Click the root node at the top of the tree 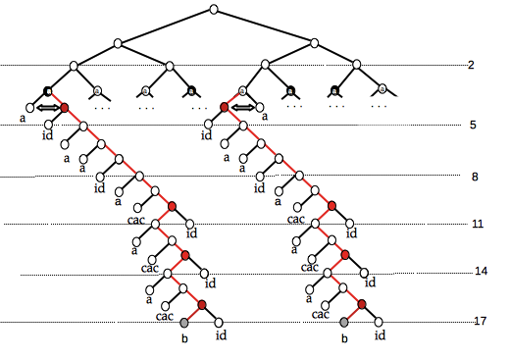214,11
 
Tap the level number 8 476,177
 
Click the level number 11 478,224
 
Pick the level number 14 481,271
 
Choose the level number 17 481,321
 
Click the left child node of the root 118,42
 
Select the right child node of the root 315,42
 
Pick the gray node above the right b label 343,322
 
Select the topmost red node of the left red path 65,107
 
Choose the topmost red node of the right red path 225,107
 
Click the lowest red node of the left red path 201,306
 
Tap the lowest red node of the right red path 362,306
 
